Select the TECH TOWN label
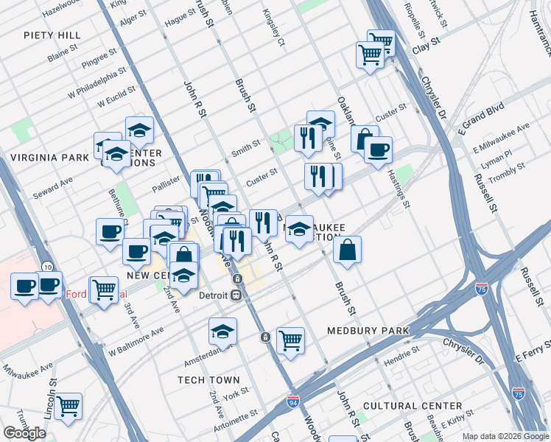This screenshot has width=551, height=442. click(x=208, y=380)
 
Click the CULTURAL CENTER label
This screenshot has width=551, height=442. click(x=413, y=406)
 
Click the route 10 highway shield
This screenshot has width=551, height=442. click(x=46, y=265)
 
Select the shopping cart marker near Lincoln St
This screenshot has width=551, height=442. click(x=68, y=404)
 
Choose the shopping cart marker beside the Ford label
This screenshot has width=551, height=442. click(x=104, y=289)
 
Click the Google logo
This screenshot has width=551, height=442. click(x=24, y=432)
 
